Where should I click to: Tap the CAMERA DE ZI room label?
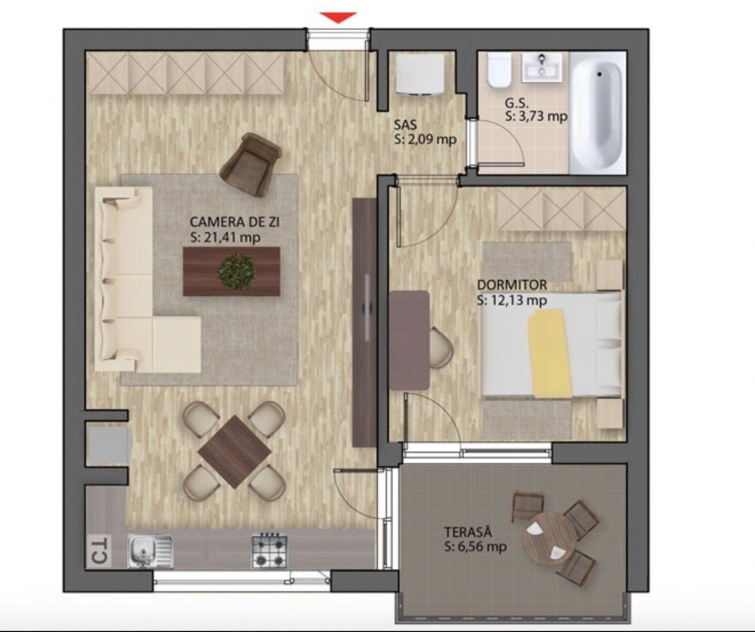click(235, 222)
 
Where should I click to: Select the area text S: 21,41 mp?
click(225, 238)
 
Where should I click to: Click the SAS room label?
click(405, 125)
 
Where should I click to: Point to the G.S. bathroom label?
click(517, 103)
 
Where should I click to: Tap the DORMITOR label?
click(512, 285)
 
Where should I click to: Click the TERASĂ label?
click(468, 532)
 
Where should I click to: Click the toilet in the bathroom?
click(498, 70)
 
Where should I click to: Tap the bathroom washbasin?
click(542, 67)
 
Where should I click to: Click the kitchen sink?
click(150, 551)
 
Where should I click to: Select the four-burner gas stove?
click(269, 551)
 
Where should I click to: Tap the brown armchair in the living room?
click(251, 164)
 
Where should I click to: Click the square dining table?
click(234, 452)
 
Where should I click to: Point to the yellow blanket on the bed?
click(549, 353)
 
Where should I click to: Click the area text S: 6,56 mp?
click(476, 547)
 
